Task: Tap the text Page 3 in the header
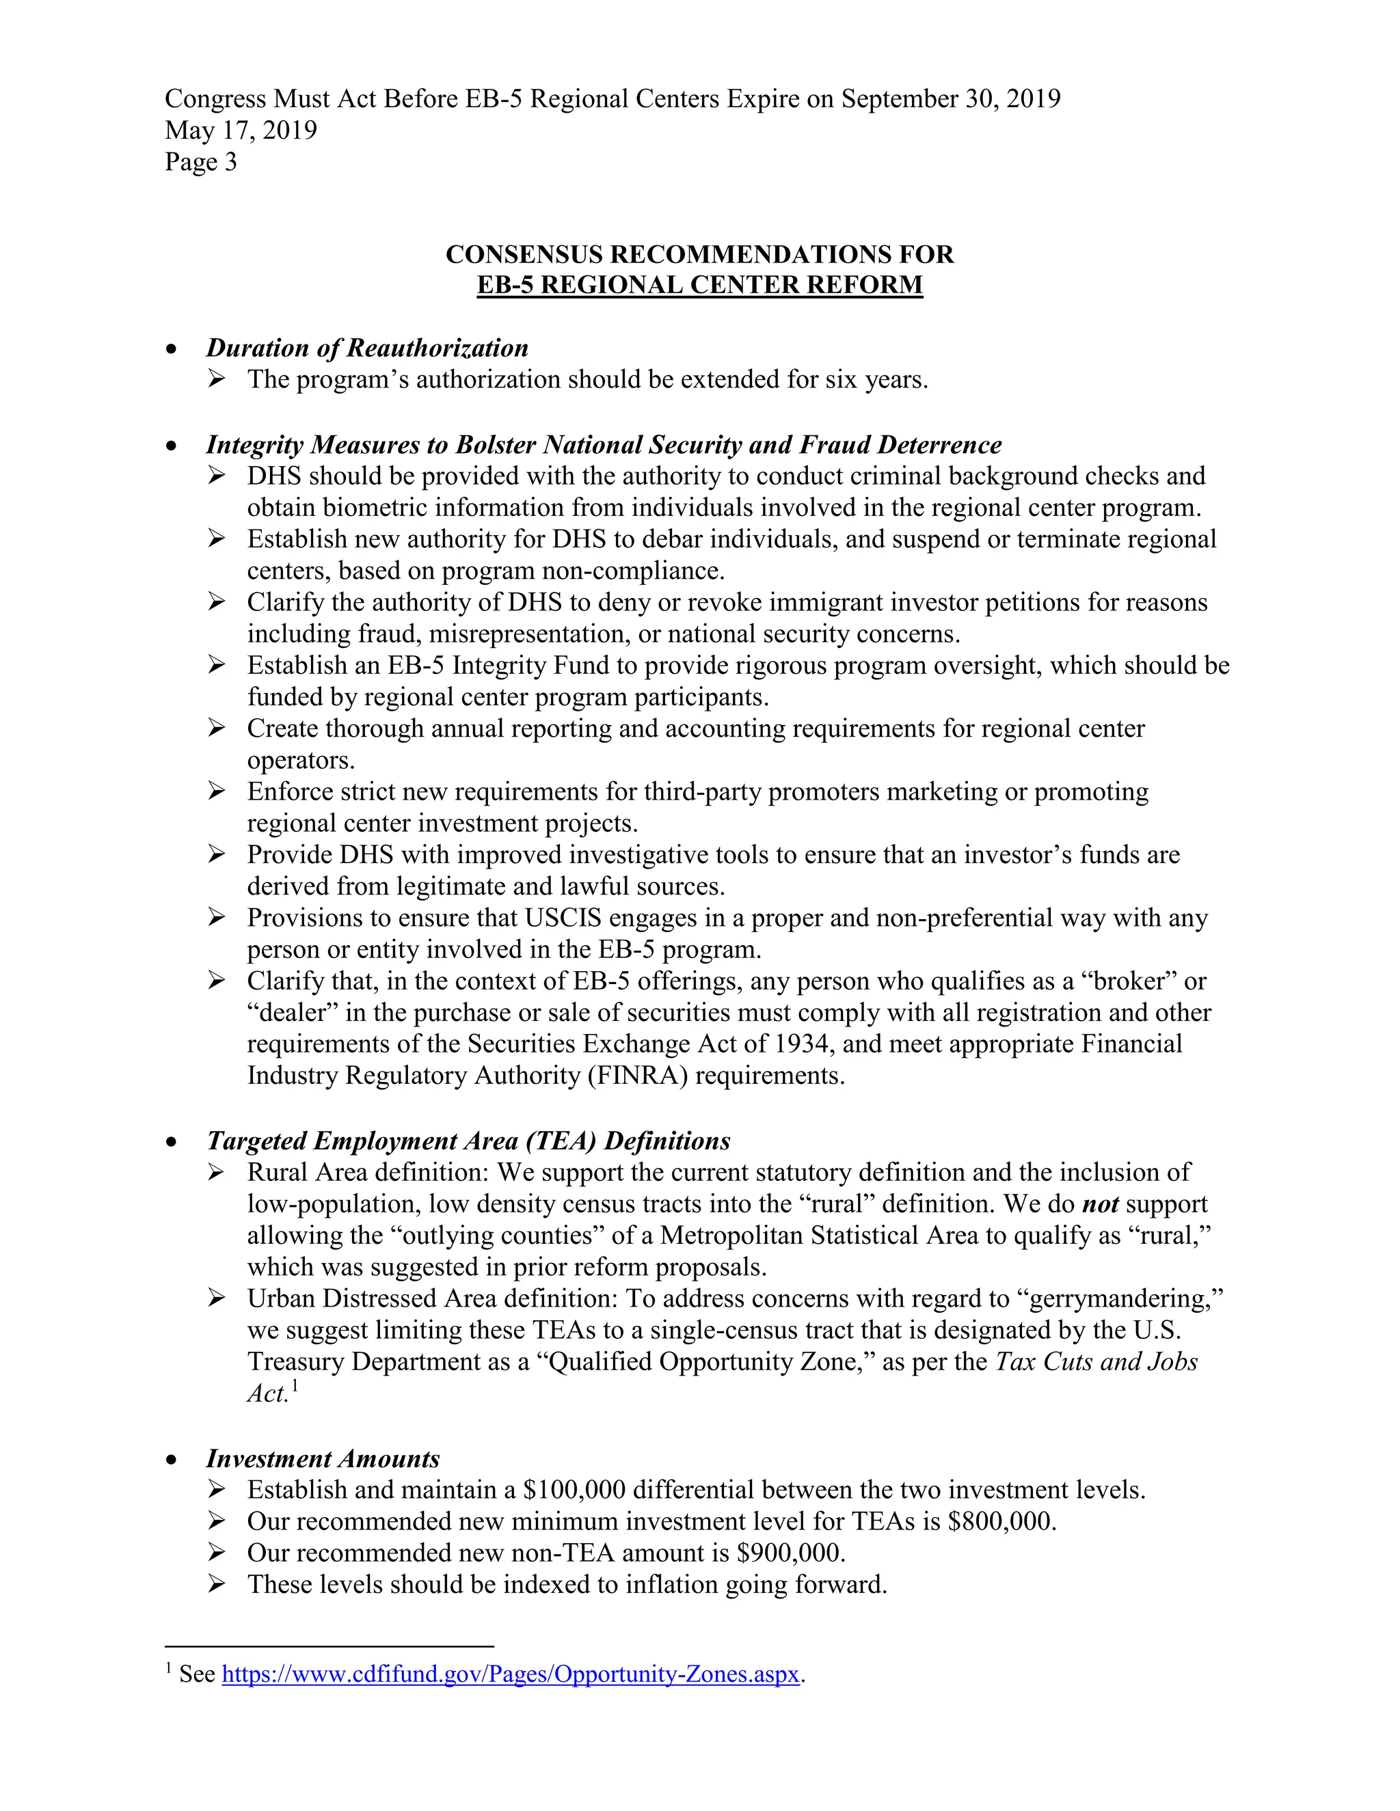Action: [201, 162]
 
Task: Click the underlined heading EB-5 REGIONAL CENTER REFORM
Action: [699, 285]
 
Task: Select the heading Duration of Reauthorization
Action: [366, 349]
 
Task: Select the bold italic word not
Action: [1100, 1204]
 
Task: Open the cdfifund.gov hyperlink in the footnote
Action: [511, 1674]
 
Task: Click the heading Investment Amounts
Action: [323, 1458]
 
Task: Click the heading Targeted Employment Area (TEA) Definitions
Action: [468, 1141]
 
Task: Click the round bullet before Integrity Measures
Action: [172, 446]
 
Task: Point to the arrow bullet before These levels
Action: [217, 1585]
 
